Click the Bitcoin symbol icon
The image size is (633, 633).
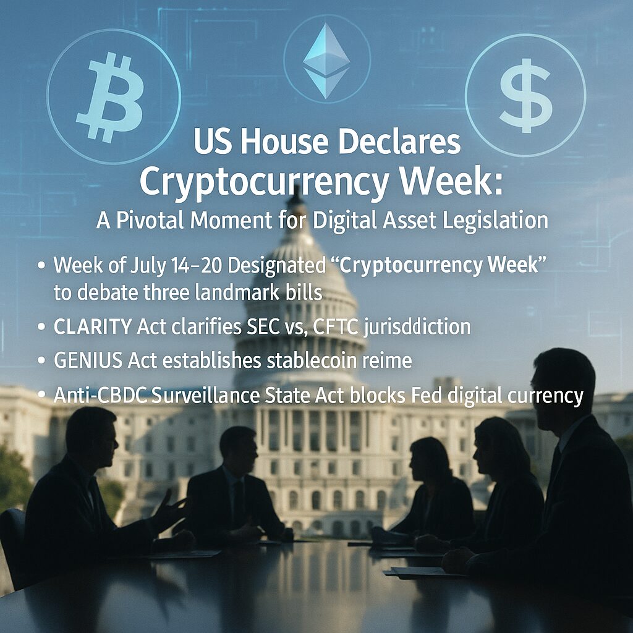(110, 99)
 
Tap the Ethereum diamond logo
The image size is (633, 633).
(326, 61)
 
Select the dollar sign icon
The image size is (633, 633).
(525, 96)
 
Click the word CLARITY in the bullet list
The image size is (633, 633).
(93, 326)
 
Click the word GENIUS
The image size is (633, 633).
(88, 360)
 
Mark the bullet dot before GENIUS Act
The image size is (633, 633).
(41, 360)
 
